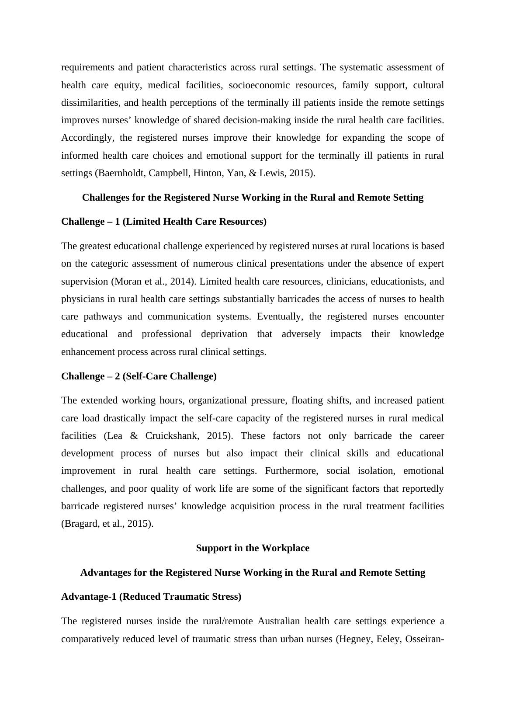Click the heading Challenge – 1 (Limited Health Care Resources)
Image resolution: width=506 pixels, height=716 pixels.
point(164,222)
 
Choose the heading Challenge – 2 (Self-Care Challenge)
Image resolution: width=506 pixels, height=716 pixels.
point(139,376)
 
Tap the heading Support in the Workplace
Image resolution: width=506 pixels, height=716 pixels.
point(253,548)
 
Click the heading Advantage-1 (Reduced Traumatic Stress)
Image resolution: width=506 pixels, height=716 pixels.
point(151,597)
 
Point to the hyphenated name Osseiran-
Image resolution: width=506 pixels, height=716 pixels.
point(425,639)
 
